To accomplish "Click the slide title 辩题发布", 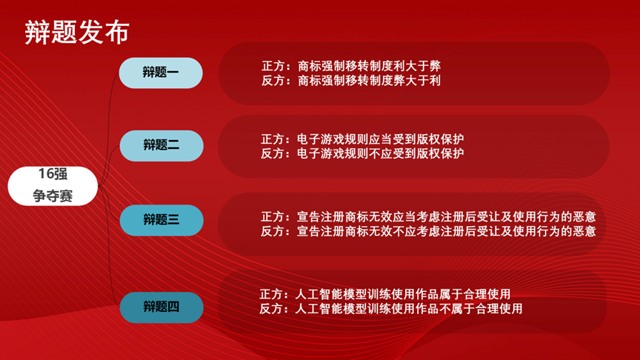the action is [77, 32].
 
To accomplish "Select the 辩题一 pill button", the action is [161, 73].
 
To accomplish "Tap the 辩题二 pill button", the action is [161, 146].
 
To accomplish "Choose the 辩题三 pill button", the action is [161, 221].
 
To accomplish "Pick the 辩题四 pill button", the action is [161, 307].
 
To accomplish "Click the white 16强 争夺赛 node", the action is [53, 186].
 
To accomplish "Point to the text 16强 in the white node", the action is [53, 174].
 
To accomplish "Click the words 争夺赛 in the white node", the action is [53, 196].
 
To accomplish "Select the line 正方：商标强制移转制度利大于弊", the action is [351, 66].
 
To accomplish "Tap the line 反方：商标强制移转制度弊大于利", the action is [351, 81].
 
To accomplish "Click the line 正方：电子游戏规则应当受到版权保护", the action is [362, 139].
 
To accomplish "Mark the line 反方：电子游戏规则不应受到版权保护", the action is [362, 153].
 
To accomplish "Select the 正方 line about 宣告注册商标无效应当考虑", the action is [428, 216].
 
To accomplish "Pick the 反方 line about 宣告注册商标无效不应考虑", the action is [428, 231].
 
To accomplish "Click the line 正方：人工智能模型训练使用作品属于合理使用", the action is [385, 294].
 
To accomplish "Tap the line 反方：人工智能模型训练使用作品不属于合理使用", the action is [391, 309].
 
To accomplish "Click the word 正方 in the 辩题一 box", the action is [273, 66].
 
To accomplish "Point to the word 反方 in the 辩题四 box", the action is [271, 309].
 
